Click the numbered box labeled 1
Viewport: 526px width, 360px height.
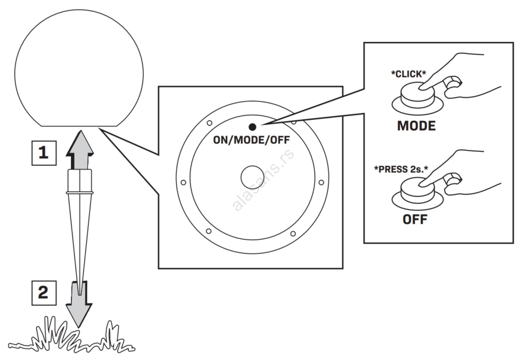[x=44, y=153]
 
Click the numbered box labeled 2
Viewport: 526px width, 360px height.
[x=44, y=293]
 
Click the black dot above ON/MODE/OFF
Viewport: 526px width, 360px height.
[x=252, y=127]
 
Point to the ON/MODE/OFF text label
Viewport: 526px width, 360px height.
[x=251, y=140]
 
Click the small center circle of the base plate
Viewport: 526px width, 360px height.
[x=252, y=177]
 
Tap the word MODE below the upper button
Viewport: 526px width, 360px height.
[x=416, y=126]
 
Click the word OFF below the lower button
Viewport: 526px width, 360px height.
[x=415, y=220]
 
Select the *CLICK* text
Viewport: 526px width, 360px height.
[x=408, y=74]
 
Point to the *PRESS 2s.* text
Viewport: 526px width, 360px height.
[x=401, y=169]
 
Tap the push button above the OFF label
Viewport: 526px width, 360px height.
[x=417, y=194]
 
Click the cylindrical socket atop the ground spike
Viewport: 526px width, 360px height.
[x=80, y=181]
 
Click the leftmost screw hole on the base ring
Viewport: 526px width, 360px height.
[x=183, y=182]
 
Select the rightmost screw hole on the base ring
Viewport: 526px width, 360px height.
[x=321, y=182]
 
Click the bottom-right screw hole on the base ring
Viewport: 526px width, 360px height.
[x=293, y=234]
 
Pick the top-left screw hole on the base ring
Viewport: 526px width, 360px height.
[x=209, y=123]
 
